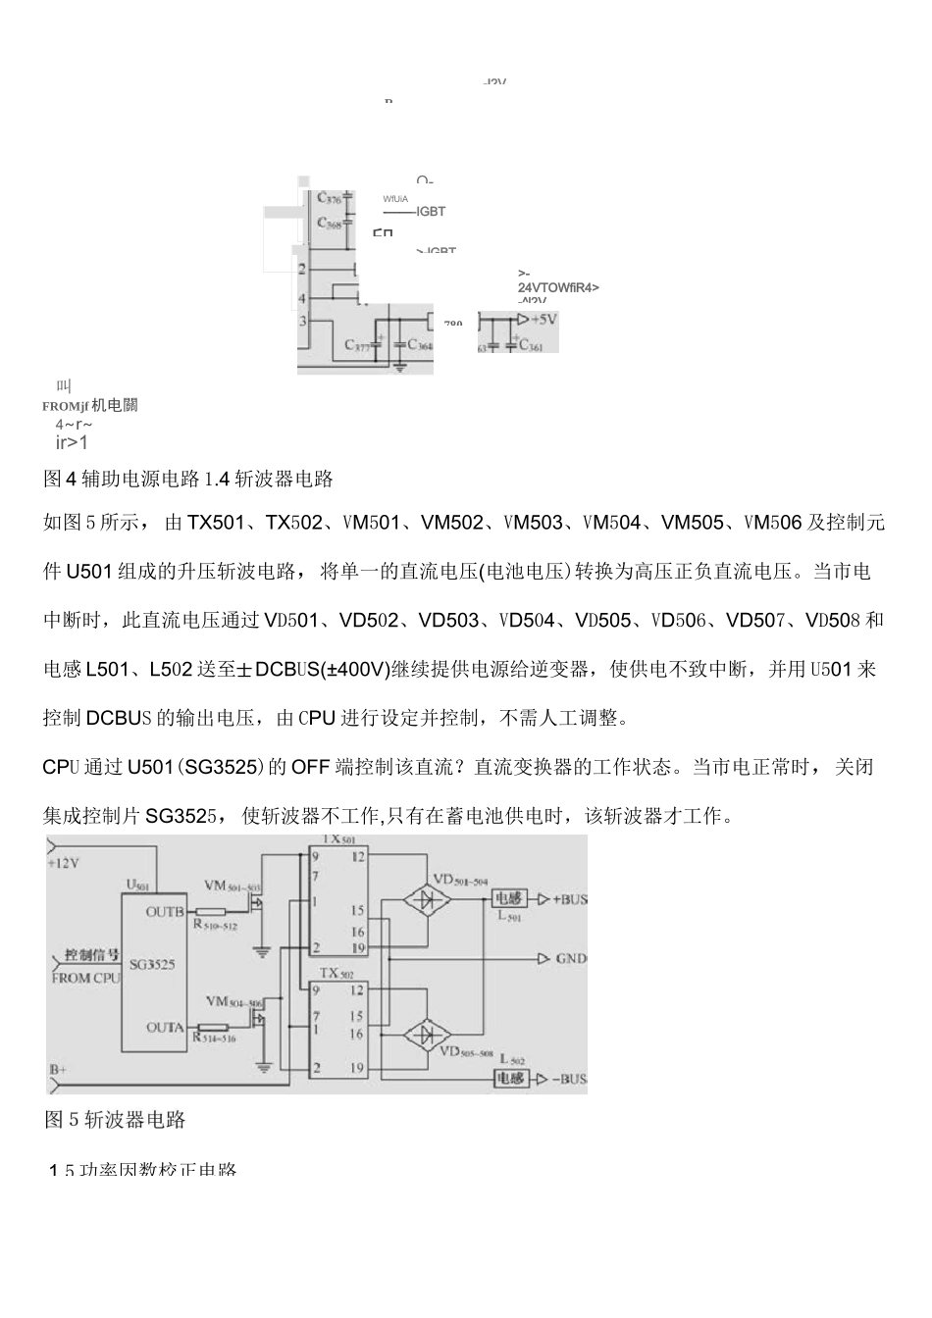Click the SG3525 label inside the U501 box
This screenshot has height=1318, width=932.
pyautogui.click(x=151, y=964)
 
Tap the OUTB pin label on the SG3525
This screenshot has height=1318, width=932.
pyautogui.click(x=164, y=911)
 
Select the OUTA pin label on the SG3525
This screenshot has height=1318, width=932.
pyautogui.click(x=165, y=1027)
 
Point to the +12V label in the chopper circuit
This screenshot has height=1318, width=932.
pyautogui.click(x=64, y=863)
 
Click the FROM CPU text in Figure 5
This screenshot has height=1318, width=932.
pyautogui.click(x=85, y=978)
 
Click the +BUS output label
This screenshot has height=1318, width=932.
pyautogui.click(x=569, y=899)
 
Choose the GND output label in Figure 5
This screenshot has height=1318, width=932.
pyautogui.click(x=570, y=958)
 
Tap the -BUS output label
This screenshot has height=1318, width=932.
pyautogui.click(x=569, y=1079)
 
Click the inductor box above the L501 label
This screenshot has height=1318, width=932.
pyautogui.click(x=509, y=898)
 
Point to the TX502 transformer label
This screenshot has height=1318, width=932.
pyautogui.click(x=337, y=974)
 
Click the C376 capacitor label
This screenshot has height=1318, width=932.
pyautogui.click(x=330, y=199)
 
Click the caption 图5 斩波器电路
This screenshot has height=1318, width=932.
pyautogui.click(x=115, y=1119)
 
